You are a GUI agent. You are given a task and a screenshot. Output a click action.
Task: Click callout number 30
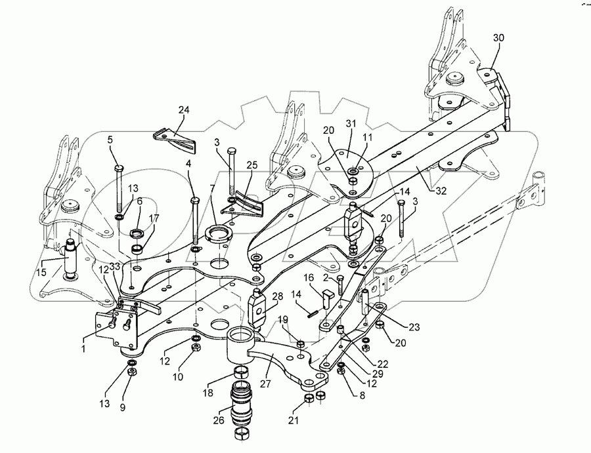498,39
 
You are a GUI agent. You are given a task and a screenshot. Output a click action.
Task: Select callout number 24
183,110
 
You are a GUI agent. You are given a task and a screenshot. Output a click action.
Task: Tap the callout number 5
110,139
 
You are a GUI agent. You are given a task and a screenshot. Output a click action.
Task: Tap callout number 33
115,267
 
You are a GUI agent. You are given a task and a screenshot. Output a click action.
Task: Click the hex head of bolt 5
118,168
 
